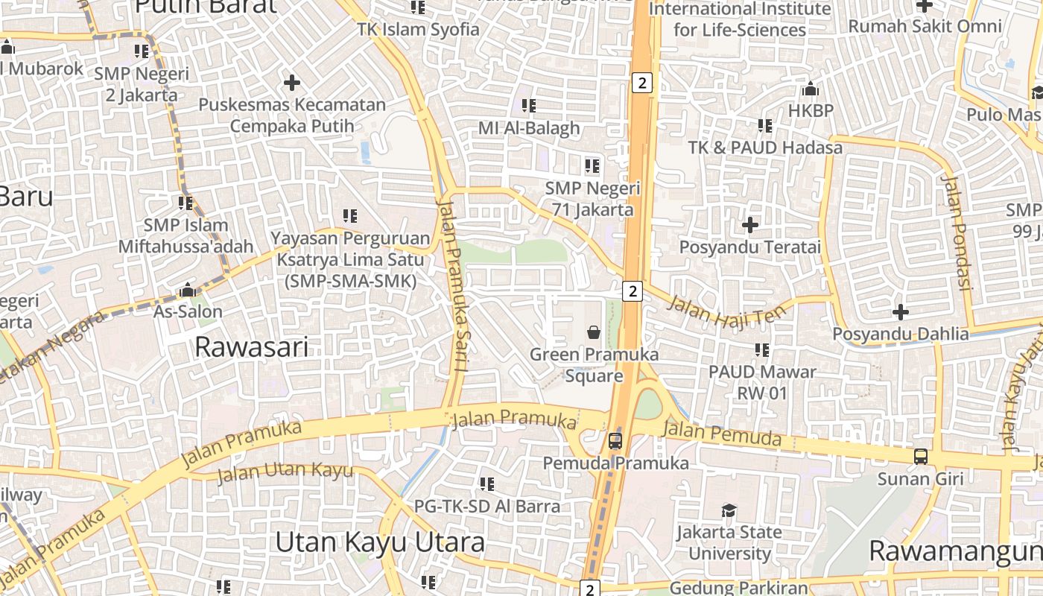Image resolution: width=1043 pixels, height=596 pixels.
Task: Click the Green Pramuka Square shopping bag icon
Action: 594,332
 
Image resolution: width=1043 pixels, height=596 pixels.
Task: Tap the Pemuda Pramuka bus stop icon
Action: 615,440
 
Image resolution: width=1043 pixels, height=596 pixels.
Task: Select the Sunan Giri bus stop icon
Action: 921,456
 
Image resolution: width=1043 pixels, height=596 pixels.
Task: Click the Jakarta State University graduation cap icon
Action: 729,510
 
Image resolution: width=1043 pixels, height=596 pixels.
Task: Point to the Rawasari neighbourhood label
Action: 251,347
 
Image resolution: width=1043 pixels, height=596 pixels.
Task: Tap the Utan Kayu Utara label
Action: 380,542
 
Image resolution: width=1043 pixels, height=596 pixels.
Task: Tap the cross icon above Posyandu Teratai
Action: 750,224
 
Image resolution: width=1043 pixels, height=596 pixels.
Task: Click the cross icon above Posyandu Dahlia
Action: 901,311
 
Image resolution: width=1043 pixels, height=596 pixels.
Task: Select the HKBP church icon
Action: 811,89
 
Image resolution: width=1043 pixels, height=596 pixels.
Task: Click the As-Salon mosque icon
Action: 188,290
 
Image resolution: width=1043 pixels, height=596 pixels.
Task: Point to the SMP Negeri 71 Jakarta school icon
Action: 592,165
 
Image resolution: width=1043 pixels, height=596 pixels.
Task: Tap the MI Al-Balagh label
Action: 528,128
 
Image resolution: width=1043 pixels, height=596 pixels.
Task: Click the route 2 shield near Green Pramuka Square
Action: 633,291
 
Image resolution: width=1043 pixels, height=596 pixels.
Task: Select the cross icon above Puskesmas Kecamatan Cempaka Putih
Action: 292,82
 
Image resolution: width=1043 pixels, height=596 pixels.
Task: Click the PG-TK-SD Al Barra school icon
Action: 487,484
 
